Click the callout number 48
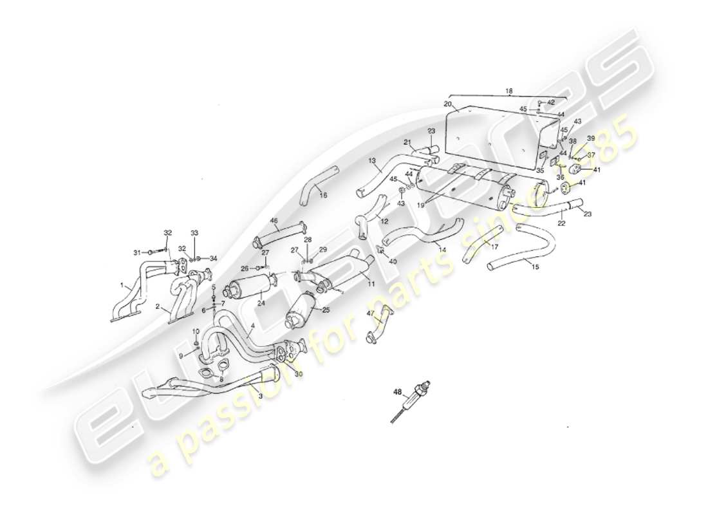pos(396,390)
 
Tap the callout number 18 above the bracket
pos(509,92)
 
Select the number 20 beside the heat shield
pos(448,104)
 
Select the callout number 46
pos(274,221)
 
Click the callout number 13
pos(372,160)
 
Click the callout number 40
pos(393,261)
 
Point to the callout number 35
pos(540,171)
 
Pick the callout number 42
pos(551,102)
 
